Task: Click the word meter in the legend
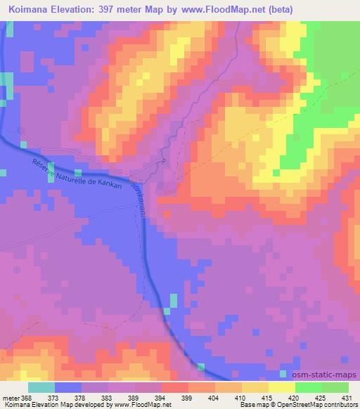[11, 396]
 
